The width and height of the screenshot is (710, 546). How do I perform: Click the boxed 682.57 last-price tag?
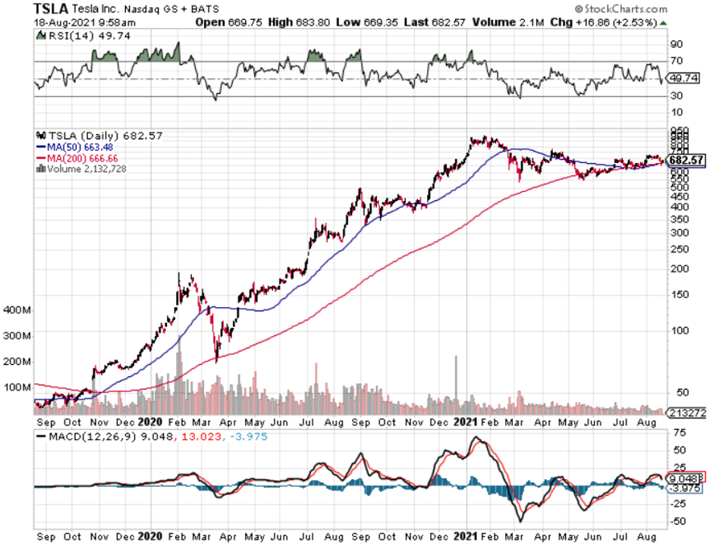pos(687,159)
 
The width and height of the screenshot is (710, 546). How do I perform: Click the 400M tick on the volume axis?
pos(16,310)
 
